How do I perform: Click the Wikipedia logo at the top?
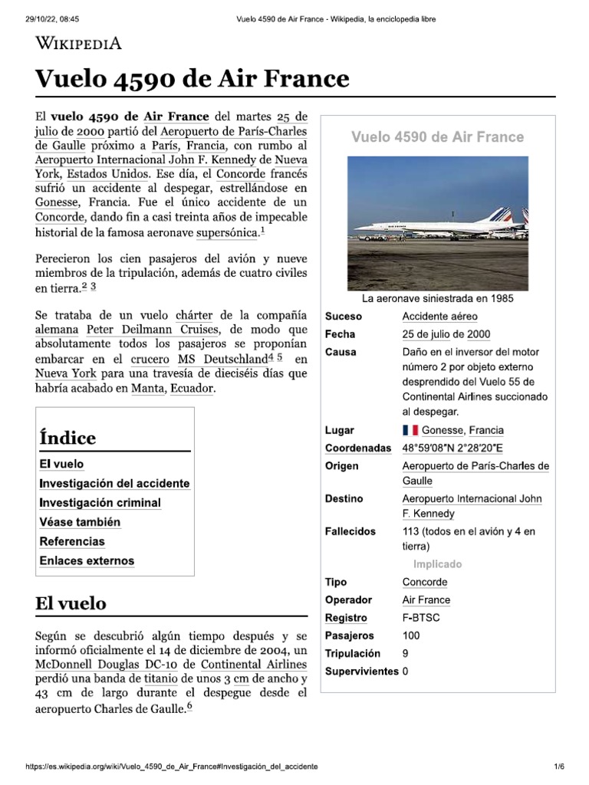(78, 43)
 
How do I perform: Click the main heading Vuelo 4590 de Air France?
(192, 79)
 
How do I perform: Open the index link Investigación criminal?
(100, 503)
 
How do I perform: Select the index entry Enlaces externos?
(87, 560)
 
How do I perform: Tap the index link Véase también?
(80, 522)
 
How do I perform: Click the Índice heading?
(67, 438)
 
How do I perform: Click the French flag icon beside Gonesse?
(410, 430)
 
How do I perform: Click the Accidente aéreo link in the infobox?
(439, 317)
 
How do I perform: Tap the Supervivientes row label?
(361, 672)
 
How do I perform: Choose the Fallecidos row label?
(350, 530)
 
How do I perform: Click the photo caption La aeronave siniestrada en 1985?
(438, 298)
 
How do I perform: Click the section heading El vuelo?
(71, 603)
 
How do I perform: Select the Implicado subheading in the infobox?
(438, 564)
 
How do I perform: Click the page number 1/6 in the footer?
(559, 767)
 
